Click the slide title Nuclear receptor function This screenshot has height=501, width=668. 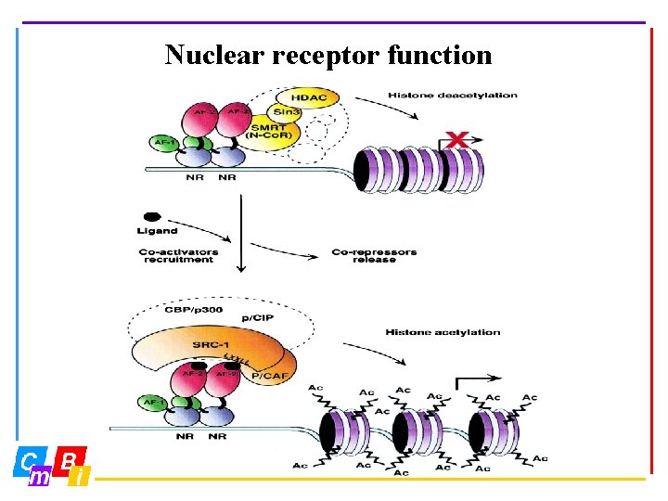pyautogui.click(x=328, y=55)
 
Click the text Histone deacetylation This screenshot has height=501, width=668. pyautogui.click(x=452, y=95)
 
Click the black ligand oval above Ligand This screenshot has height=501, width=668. pyautogui.click(x=151, y=215)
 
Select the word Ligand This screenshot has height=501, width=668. pyautogui.click(x=159, y=231)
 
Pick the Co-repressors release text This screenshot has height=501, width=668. pyautogui.click(x=374, y=255)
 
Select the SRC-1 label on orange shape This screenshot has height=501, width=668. pyautogui.click(x=212, y=345)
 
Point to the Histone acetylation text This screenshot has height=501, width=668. pyautogui.click(x=443, y=332)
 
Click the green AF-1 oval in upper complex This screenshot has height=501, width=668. pyautogui.click(x=163, y=144)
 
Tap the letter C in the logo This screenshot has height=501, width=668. pyautogui.click(x=30, y=460)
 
